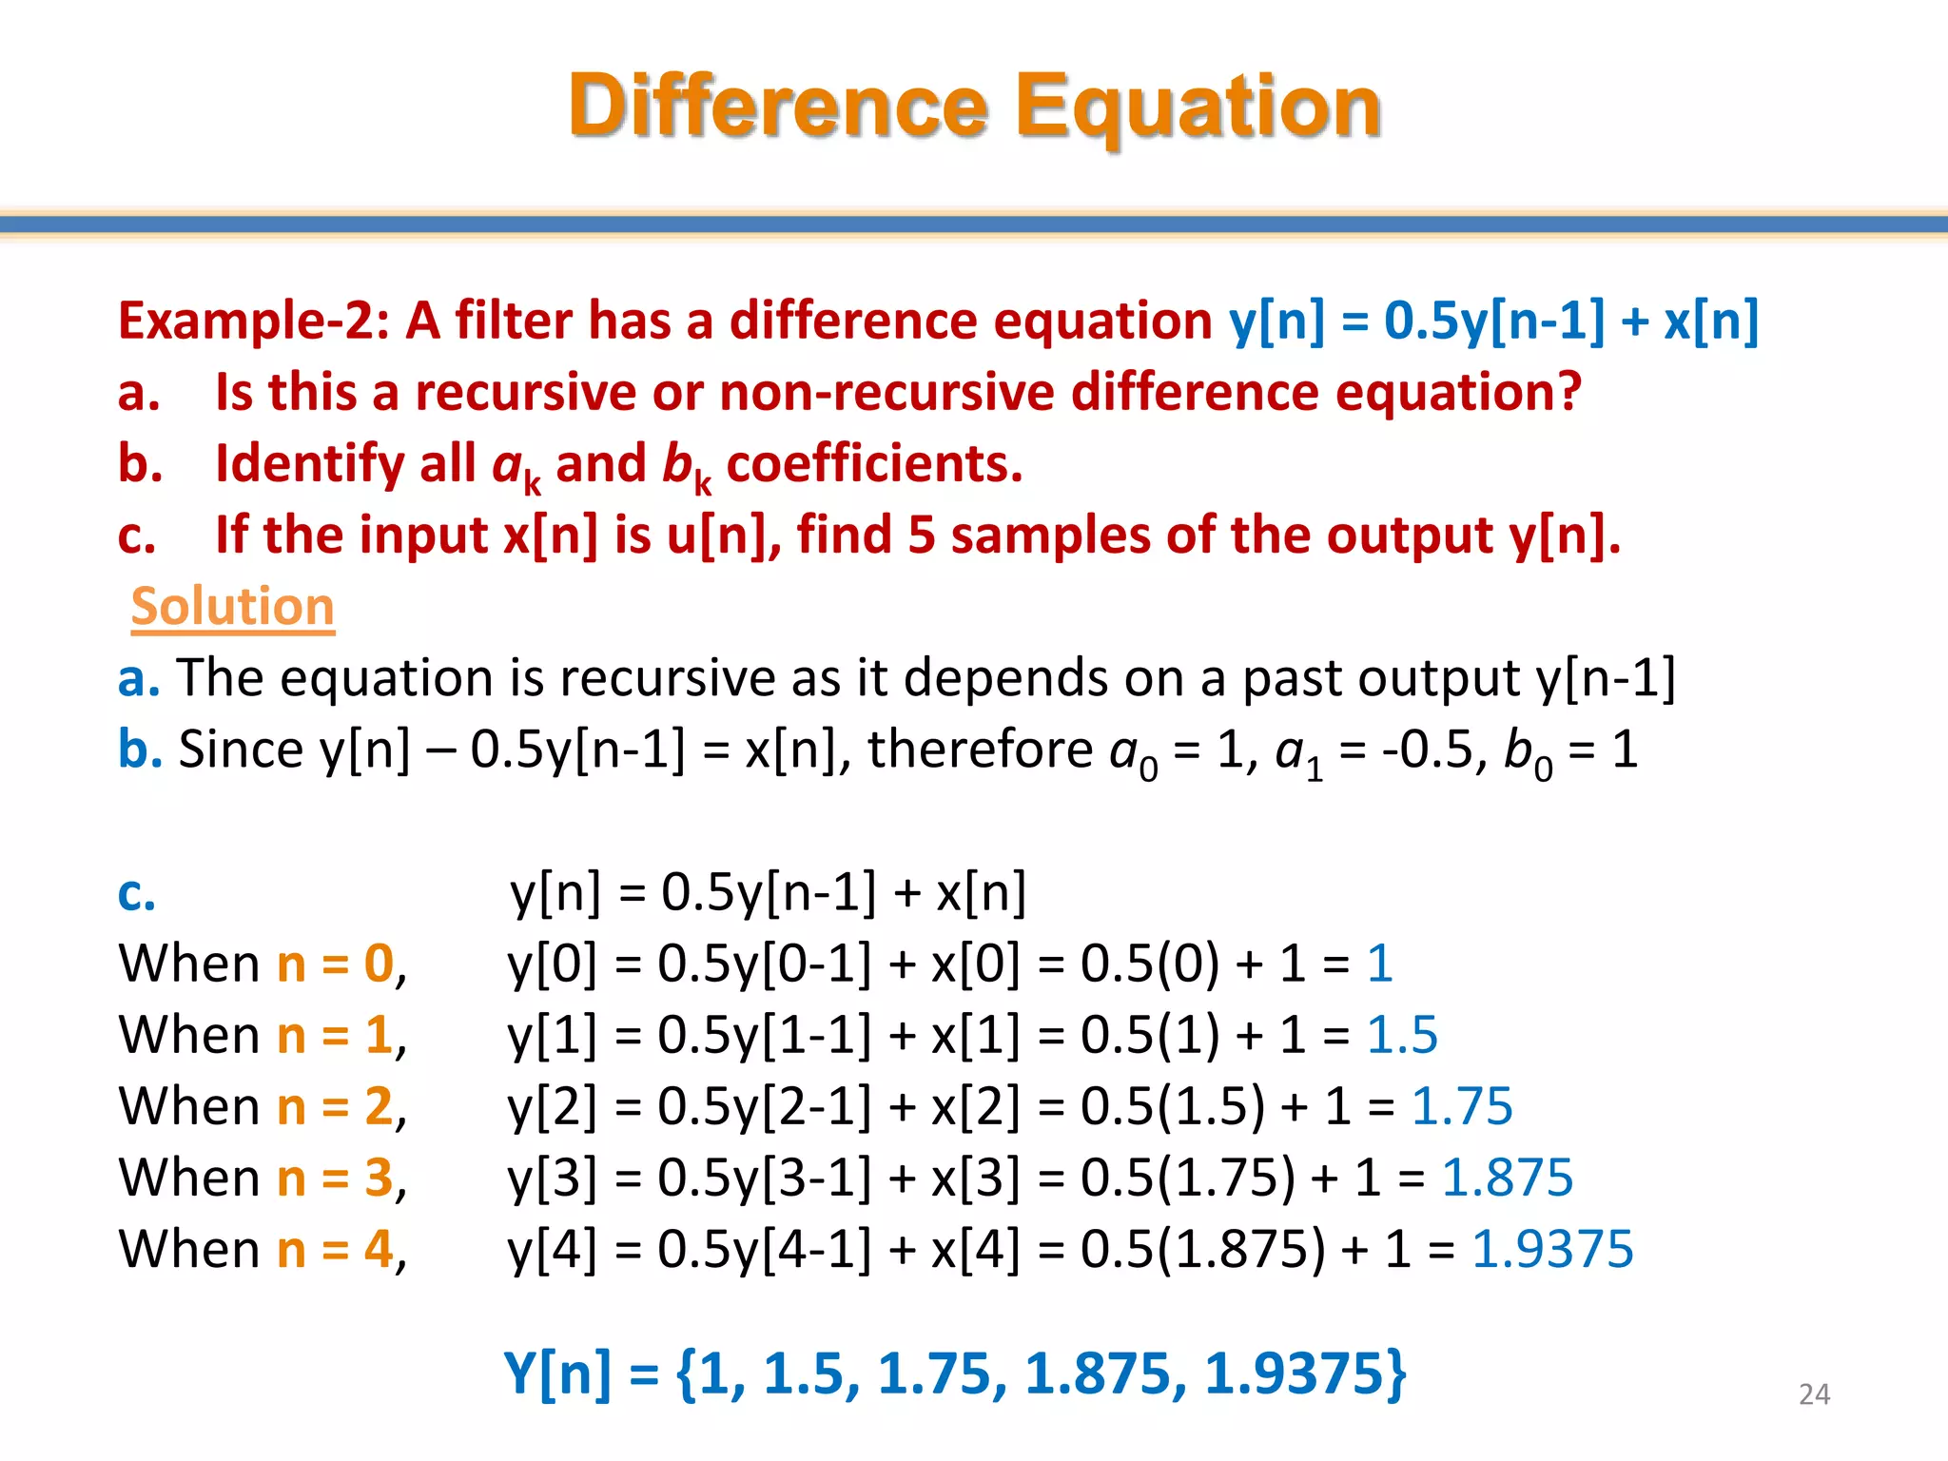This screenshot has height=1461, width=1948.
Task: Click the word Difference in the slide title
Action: pos(778,106)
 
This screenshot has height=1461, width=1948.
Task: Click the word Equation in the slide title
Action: pos(1198,106)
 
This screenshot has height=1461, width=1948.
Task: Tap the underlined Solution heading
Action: pos(233,606)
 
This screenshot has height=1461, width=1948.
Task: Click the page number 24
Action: pos(1814,1394)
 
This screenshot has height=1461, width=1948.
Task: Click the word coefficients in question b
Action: pos(874,464)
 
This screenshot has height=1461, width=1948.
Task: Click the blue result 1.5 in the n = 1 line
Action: pos(1402,1035)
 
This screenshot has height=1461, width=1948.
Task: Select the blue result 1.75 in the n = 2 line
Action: pos(1462,1106)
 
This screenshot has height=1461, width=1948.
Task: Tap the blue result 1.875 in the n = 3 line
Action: pos(1508,1178)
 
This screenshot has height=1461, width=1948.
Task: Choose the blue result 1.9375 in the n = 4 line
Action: pos(1552,1249)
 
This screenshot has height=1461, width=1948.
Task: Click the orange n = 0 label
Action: pos(335,964)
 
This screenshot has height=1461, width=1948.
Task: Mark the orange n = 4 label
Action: pos(335,1249)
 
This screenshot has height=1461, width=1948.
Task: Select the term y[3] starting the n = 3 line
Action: pos(553,1179)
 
